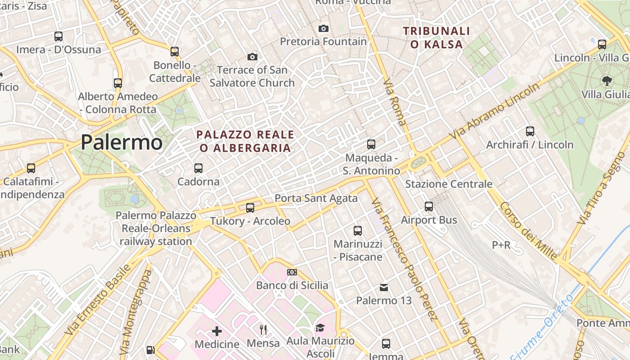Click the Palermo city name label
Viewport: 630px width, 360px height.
tap(121, 143)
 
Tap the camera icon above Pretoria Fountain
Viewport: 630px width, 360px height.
tap(323, 29)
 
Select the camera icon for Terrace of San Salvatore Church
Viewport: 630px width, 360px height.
tap(252, 57)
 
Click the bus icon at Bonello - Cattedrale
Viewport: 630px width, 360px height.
tap(175, 52)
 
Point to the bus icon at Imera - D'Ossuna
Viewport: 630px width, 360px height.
tap(58, 36)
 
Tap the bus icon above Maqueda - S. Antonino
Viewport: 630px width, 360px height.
tap(371, 144)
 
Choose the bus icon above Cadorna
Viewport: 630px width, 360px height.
tap(198, 168)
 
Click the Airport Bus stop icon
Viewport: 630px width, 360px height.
tap(429, 207)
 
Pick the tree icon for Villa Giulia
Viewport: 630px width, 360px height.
tap(607, 81)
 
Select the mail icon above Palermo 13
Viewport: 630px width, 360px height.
tap(384, 287)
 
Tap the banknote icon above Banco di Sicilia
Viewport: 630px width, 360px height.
tap(292, 272)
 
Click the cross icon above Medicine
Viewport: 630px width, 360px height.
tap(217, 332)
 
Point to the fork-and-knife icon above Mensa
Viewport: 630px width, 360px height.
tap(263, 330)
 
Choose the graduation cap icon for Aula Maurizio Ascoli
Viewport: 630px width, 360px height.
tap(320, 328)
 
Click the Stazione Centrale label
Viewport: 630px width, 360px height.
tap(449, 184)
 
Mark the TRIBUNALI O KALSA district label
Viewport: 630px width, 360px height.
tap(436, 37)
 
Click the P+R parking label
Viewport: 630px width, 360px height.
tap(501, 245)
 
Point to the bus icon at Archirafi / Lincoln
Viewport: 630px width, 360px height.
tap(530, 131)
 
